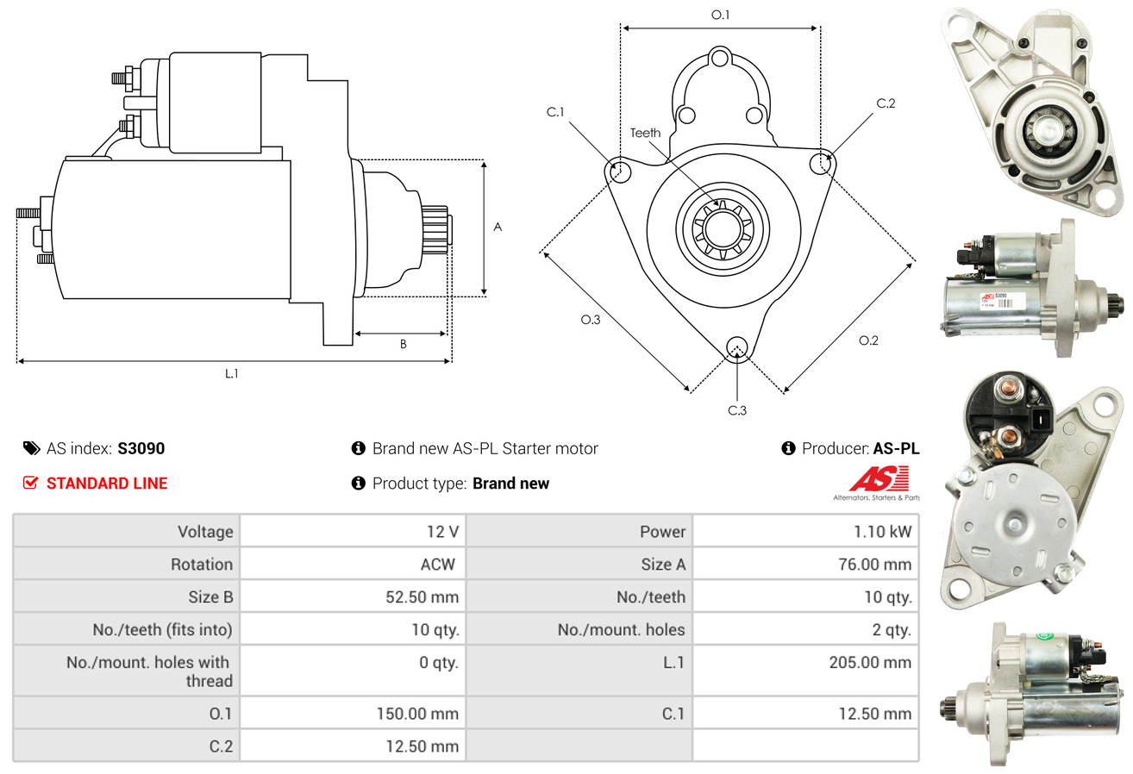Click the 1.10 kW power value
click(882, 532)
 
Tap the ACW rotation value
click(437, 565)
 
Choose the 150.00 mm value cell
click(417, 714)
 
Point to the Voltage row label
click(205, 532)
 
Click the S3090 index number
click(141, 448)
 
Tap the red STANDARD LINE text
click(107, 484)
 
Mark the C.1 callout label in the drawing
click(554, 112)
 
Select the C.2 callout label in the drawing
click(886, 103)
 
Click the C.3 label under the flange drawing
click(736, 410)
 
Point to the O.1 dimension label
click(720, 15)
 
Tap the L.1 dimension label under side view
click(232, 373)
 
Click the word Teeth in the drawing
click(645, 133)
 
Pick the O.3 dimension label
click(590, 320)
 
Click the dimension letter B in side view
click(403, 344)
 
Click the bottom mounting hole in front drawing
click(736, 347)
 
